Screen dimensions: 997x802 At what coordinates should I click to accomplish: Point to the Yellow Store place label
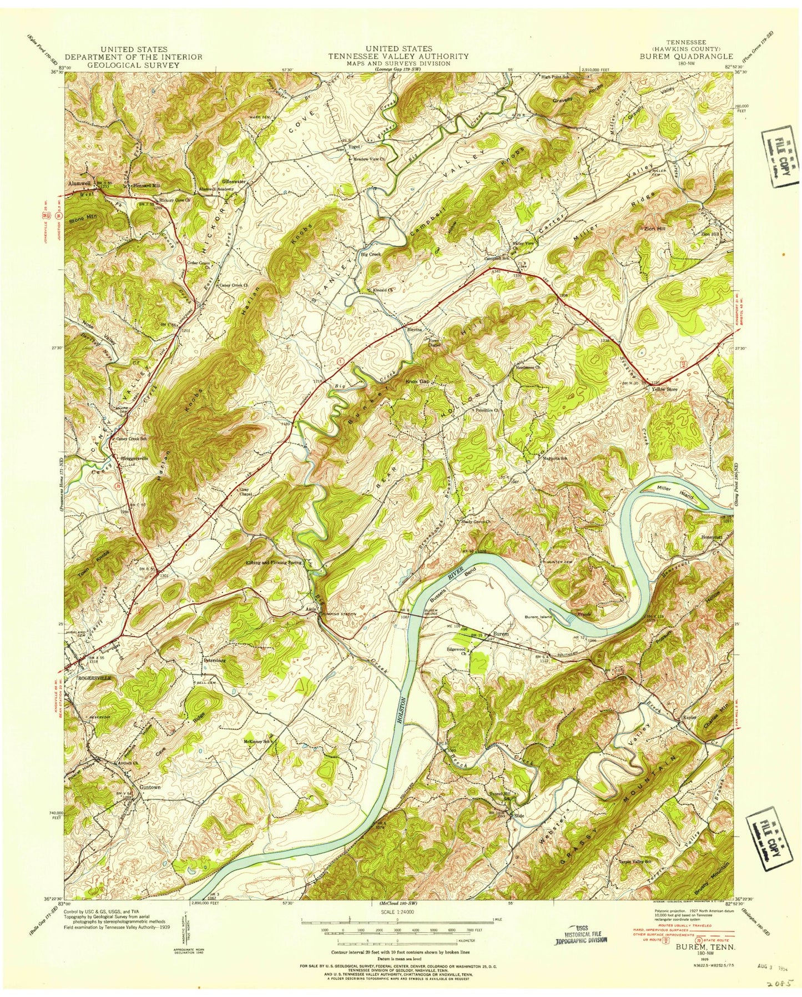(x=664, y=389)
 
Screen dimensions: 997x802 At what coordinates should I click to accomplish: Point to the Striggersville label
(x=134, y=459)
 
